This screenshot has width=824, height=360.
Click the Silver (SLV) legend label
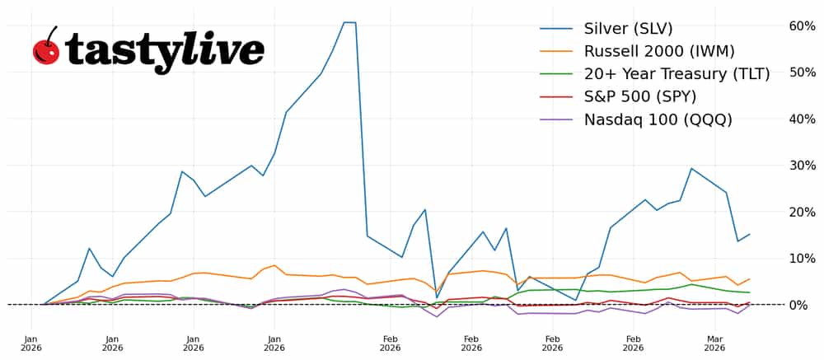tap(628, 29)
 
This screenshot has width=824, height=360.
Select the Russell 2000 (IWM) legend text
tap(659, 51)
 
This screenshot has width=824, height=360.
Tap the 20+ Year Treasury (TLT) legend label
tap(677, 74)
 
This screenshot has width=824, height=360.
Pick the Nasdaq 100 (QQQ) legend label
tap(658, 119)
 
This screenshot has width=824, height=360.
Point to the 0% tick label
tap(805, 305)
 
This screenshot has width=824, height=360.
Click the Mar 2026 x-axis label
tap(714, 343)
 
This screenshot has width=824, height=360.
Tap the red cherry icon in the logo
tap(46, 49)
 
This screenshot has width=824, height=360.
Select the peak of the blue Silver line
tap(349, 22)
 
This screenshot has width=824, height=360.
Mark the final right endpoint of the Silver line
tap(749, 234)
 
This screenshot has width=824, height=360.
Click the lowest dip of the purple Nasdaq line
tap(438, 317)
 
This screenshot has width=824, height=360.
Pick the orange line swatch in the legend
tap(556, 52)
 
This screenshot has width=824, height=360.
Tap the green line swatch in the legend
tap(556, 74)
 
